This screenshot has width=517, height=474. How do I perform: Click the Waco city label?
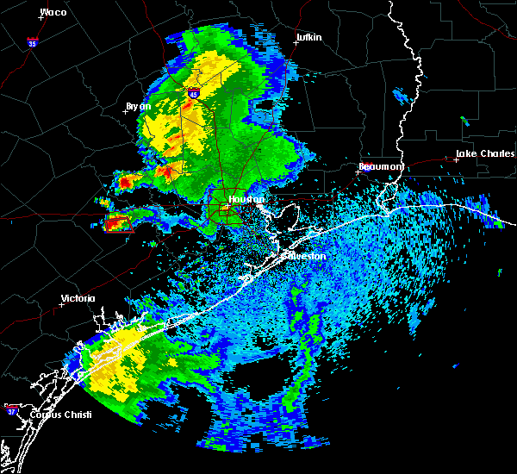click(53, 12)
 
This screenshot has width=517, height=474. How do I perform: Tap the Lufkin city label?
click(308, 38)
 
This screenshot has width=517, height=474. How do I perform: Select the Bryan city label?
click(138, 106)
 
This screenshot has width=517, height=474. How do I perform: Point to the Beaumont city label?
click(381, 165)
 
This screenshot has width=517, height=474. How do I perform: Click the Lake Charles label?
click(481, 153)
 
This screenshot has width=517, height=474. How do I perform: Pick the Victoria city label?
click(78, 299)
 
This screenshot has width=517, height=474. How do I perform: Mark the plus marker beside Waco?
click(40, 17)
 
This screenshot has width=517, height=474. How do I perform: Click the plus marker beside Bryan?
click(126, 111)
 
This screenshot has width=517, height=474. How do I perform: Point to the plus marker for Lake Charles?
click(457, 159)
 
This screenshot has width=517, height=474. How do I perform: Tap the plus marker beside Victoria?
click(61, 304)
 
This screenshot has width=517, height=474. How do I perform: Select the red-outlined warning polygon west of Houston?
click(118, 224)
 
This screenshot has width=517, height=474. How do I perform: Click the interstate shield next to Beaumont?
click(365, 170)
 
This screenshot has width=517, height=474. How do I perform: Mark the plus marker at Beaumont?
click(358, 171)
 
